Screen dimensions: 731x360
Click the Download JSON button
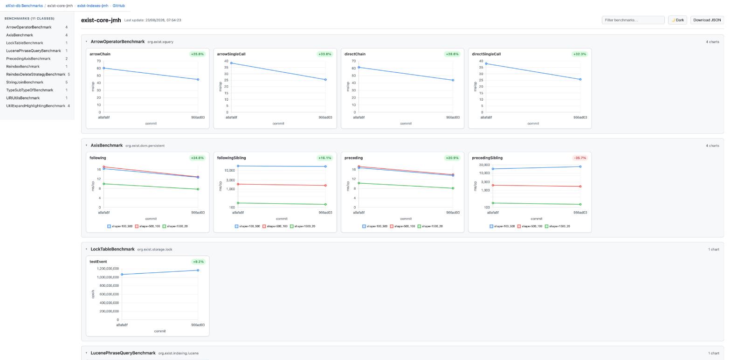(707, 20)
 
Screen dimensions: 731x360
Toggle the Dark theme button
(677, 20)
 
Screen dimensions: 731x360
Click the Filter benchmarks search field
(633, 20)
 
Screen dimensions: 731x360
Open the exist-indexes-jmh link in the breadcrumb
(93, 6)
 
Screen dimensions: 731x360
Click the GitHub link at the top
(119, 6)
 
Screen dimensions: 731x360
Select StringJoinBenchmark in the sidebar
(25, 82)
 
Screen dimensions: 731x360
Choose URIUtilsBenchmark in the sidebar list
(23, 98)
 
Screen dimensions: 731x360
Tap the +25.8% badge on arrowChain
(198, 54)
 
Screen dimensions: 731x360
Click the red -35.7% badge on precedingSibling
(579, 158)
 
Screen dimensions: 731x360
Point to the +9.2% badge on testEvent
(198, 262)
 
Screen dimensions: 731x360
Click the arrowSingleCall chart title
(231, 54)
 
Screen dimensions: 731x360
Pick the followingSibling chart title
(231, 158)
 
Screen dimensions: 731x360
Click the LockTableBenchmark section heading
(113, 249)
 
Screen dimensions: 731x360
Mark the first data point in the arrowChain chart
(104, 68)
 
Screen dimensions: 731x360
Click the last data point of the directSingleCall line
(580, 79)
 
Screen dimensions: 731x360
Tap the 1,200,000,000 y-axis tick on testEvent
(108, 269)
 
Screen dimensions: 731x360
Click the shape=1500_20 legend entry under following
(175, 226)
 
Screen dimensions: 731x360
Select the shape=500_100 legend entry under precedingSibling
(530, 226)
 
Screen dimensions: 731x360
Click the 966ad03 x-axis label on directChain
(453, 118)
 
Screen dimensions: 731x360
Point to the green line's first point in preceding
(359, 183)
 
